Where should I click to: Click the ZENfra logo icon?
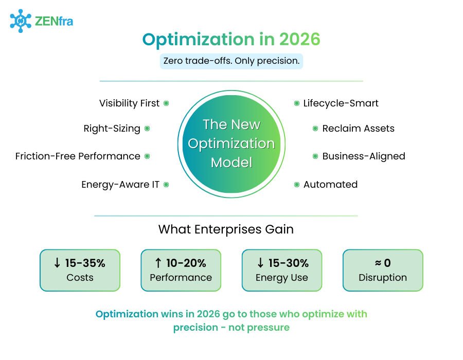point(21,21)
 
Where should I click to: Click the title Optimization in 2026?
point(231,40)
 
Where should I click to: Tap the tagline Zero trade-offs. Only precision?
point(231,61)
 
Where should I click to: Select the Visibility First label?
point(129,103)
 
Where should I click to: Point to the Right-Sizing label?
point(112,129)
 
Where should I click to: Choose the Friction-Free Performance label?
point(78,156)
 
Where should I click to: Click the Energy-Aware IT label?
point(120,185)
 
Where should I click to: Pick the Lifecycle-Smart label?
point(341,103)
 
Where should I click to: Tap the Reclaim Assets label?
point(358,129)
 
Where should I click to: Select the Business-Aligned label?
point(363,156)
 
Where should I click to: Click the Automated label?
point(330,185)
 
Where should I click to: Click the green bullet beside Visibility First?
point(166,103)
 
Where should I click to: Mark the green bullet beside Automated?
point(297,185)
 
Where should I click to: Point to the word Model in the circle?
point(232,163)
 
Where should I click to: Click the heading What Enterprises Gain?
point(226,229)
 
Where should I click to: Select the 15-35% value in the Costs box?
point(85,263)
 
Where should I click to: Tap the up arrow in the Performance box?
point(158,263)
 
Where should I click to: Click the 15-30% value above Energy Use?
point(288,263)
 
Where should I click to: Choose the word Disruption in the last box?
point(383,278)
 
